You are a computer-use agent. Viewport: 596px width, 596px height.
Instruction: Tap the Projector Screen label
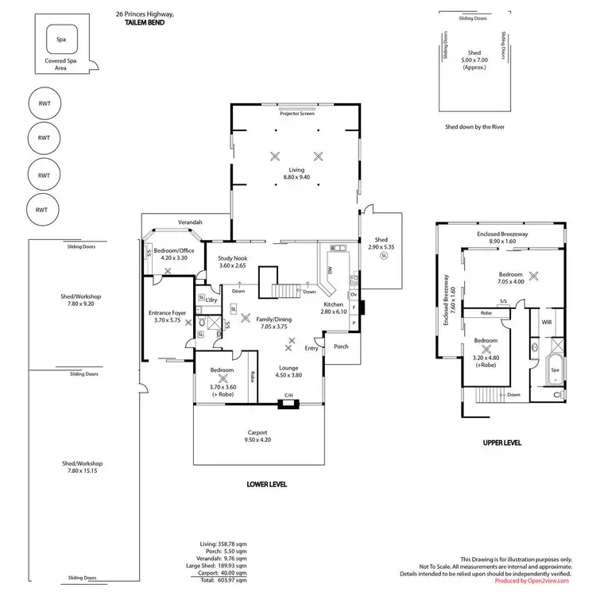(296, 114)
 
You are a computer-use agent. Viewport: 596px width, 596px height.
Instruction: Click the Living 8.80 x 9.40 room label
(296, 174)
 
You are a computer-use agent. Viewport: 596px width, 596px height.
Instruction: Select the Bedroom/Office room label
(173, 253)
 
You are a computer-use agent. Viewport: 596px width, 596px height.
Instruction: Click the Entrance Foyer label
(168, 316)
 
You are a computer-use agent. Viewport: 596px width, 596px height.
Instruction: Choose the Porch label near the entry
(341, 346)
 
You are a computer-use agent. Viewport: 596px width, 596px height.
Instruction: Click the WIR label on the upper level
(546, 323)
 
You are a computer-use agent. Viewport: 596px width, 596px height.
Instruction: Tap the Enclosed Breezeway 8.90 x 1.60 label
(502, 238)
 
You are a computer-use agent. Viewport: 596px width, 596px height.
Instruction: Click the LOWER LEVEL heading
(267, 484)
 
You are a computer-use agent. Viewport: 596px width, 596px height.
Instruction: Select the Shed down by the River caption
(475, 127)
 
